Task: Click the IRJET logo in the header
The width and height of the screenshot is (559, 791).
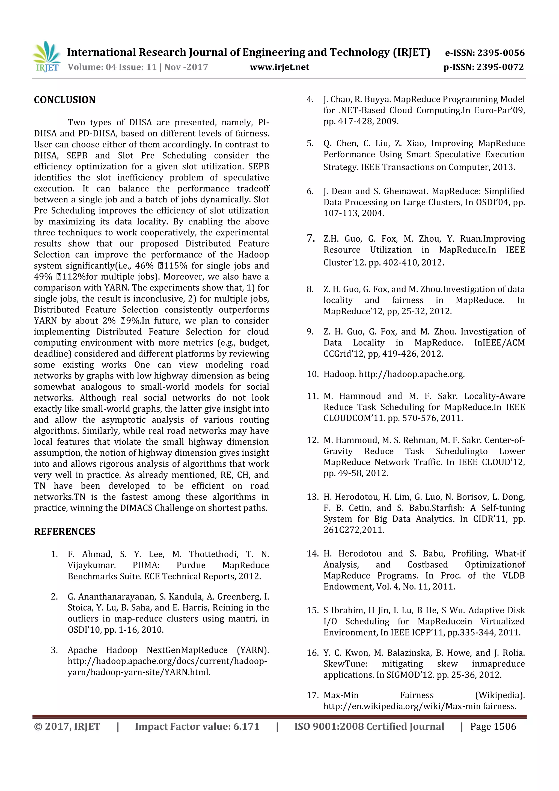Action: click(46, 57)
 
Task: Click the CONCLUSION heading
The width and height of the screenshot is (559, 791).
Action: click(64, 100)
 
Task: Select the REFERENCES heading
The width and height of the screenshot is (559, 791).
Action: click(64, 531)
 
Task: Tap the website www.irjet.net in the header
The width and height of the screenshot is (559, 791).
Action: click(279, 67)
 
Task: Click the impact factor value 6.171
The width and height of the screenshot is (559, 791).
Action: click(246, 726)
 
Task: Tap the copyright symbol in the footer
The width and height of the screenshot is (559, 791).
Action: click(38, 726)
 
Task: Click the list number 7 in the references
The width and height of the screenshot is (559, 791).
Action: click(311, 238)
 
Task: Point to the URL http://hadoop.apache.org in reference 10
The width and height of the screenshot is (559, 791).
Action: click(411, 374)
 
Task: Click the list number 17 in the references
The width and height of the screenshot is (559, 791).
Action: click(313, 695)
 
